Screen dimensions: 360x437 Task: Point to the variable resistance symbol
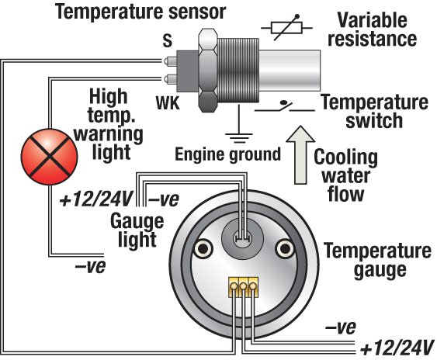point(281,29)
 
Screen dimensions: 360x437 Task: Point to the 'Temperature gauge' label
point(371,261)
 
